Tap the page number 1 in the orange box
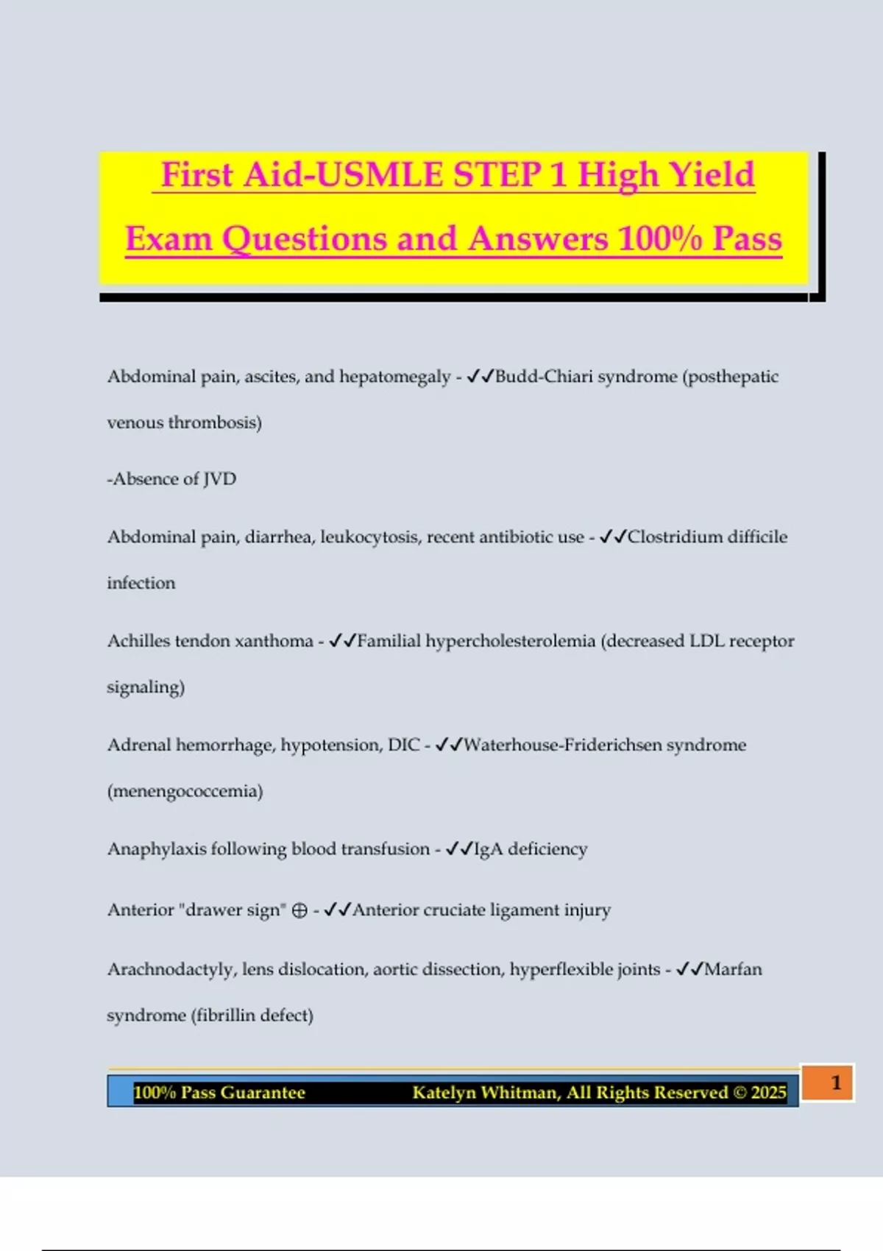coord(836,1082)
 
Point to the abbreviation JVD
coord(219,479)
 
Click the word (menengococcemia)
coord(185,792)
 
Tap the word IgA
coord(488,849)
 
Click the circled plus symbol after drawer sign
coord(299,911)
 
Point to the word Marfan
coord(733,970)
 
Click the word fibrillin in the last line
coord(224,1016)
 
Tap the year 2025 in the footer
coord(768,1093)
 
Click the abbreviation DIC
coord(403,745)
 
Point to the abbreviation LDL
coord(705,641)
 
